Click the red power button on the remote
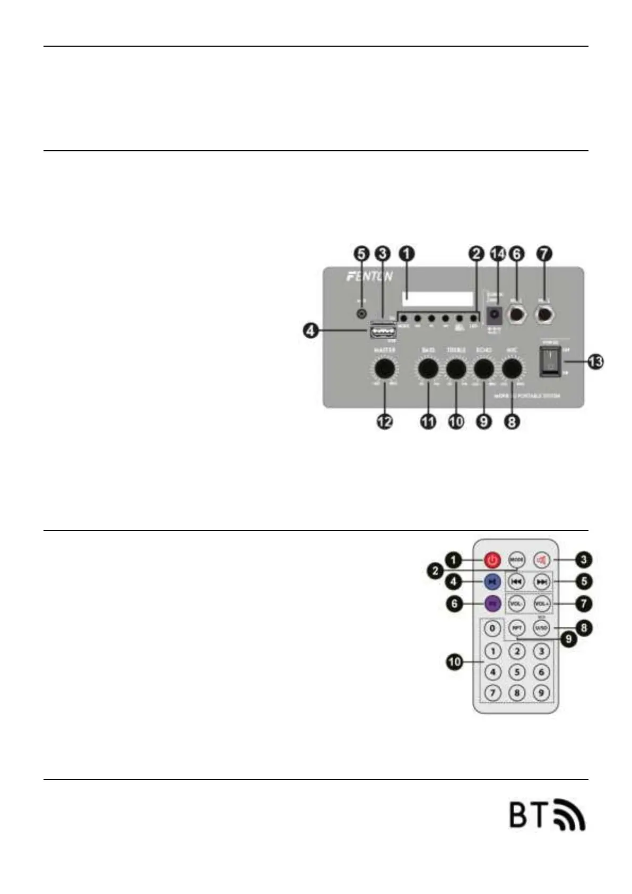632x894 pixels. pos(492,560)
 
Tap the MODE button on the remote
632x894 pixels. pos(517,560)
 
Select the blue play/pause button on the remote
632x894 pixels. pos(492,582)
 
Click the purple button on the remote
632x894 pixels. pos(492,604)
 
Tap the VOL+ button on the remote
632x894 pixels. pos(541,604)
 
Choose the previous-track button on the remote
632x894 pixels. pos(517,582)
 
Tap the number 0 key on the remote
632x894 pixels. pos(492,629)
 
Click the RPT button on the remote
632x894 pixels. pos(517,628)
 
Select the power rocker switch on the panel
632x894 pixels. pos(550,362)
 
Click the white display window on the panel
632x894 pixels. pos(438,299)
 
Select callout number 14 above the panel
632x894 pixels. pos(498,253)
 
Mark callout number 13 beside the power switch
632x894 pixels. pos(595,362)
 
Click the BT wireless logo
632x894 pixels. pos(547,814)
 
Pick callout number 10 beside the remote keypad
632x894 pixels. pos(455,662)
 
